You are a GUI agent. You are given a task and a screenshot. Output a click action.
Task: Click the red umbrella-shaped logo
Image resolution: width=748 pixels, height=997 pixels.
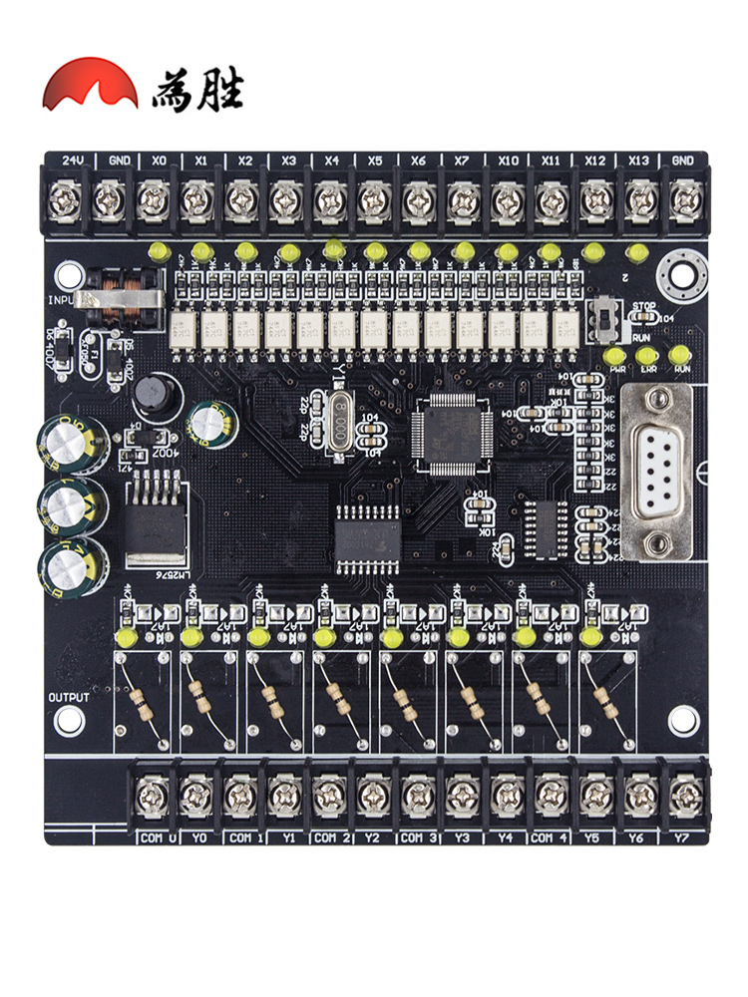(90, 85)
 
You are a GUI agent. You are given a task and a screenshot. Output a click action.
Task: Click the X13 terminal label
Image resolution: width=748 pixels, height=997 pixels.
(638, 161)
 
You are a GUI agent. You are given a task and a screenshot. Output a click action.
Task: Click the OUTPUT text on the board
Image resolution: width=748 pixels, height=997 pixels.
(69, 698)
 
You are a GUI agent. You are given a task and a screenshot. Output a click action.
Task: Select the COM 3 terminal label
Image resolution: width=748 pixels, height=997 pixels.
(419, 837)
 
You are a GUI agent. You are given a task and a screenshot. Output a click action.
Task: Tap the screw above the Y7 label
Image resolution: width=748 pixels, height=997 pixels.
(684, 796)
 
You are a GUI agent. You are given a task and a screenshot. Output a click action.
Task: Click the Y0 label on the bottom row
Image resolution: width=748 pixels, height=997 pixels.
(199, 837)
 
